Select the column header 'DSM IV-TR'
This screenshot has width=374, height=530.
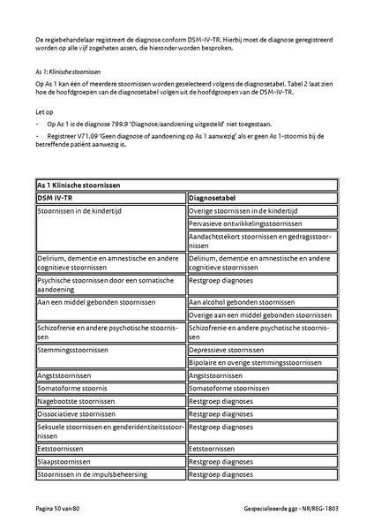point(59,198)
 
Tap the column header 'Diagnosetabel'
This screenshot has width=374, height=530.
point(215,198)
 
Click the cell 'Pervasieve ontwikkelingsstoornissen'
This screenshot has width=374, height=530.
point(244,224)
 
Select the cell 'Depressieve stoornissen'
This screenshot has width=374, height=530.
point(227,350)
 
